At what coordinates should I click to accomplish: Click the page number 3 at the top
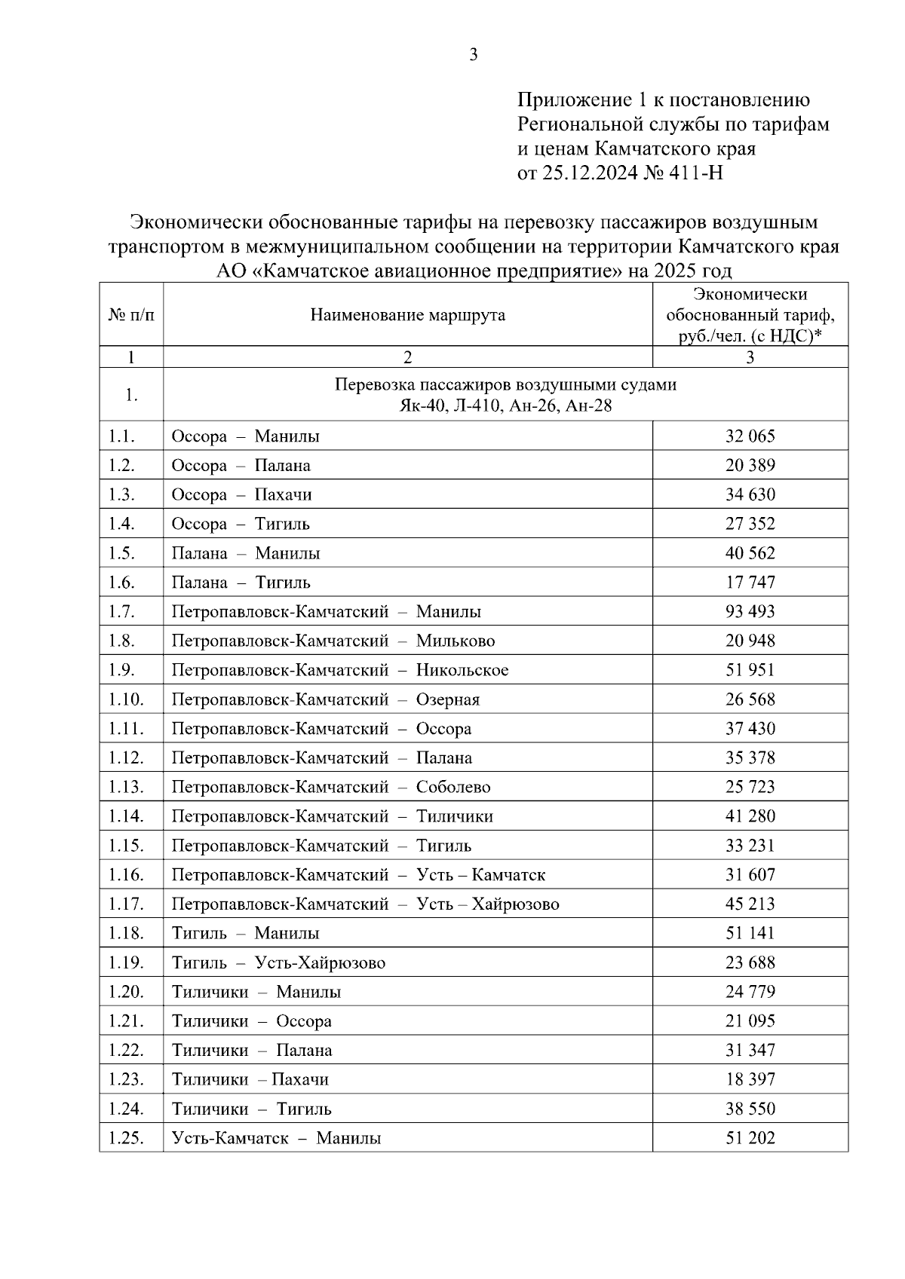click(x=473, y=54)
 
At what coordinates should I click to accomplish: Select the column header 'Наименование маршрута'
click(x=407, y=315)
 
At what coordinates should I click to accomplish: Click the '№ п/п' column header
click(x=131, y=315)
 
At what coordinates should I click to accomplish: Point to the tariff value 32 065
click(x=750, y=436)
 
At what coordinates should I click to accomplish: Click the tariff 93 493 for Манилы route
click(x=750, y=612)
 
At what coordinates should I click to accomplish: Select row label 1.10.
click(x=125, y=699)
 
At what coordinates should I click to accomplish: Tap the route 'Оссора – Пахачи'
click(x=241, y=495)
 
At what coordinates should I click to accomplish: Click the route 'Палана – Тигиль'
click(x=241, y=583)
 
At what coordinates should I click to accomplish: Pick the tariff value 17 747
click(x=750, y=583)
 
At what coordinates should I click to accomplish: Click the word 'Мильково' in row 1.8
click(x=456, y=641)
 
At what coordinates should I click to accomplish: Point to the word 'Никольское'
click(x=462, y=671)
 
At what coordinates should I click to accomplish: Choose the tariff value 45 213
click(x=750, y=904)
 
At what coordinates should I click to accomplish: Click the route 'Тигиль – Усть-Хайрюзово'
click(x=278, y=963)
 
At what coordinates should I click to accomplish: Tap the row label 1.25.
click(x=125, y=1139)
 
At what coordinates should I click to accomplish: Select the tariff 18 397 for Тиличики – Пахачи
click(x=750, y=1080)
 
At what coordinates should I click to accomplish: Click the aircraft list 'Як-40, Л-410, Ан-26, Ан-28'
click(x=505, y=407)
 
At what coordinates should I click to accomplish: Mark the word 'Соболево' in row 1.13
click(x=453, y=788)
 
